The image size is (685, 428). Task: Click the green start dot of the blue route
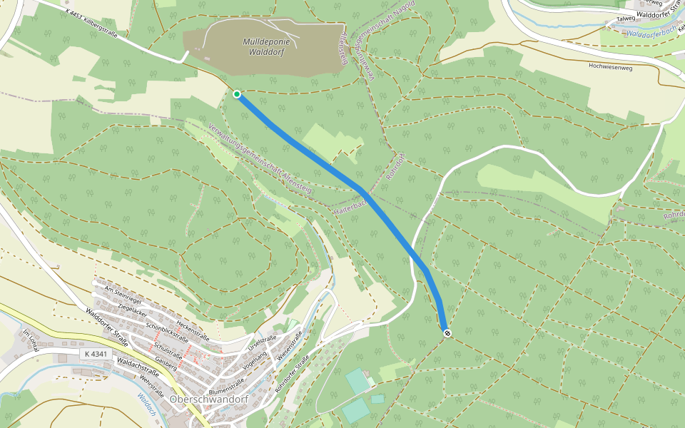pyautogui.click(x=236, y=94)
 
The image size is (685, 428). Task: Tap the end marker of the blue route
pyautogui.click(x=447, y=333)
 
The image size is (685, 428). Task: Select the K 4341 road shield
pyautogui.click(x=95, y=354)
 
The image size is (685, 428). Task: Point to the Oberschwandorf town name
pyautogui.click(x=209, y=399)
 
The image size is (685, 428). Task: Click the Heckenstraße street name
pyautogui.click(x=196, y=327)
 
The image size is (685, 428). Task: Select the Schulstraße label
pyautogui.click(x=168, y=350)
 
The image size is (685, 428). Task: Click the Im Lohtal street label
pyautogui.click(x=29, y=338)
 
